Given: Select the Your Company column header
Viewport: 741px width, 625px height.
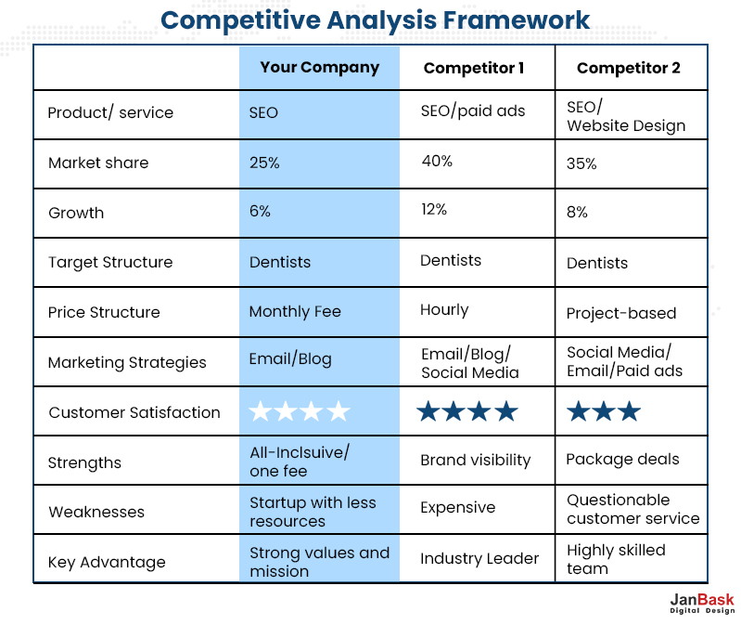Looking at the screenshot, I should [319, 67].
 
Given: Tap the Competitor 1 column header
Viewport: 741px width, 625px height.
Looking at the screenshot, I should [474, 68].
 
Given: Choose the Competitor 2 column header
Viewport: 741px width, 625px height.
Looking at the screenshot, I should [628, 68].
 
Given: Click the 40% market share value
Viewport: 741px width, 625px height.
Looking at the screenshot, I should [437, 161].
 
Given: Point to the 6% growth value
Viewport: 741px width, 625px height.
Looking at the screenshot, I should [260, 211].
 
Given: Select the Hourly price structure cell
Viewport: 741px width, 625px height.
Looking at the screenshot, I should [444, 309].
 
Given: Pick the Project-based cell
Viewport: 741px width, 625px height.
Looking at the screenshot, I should [621, 313].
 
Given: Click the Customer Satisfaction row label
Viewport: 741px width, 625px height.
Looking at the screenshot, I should [134, 412].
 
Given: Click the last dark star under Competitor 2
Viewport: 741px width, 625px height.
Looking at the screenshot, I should [629, 411].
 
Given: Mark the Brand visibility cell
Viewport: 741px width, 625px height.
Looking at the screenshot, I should [475, 460].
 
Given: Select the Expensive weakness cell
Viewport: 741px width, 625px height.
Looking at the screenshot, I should [457, 508].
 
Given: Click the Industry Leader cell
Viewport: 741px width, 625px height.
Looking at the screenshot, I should [479, 558].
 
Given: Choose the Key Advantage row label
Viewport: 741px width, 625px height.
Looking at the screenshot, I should [107, 562].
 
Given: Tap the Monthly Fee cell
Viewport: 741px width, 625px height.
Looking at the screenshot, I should [295, 312].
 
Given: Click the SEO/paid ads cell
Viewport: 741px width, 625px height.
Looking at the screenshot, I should [473, 111].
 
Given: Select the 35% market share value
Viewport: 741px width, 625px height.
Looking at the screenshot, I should [581, 163].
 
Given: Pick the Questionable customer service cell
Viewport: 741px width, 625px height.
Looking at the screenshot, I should [632, 509].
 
